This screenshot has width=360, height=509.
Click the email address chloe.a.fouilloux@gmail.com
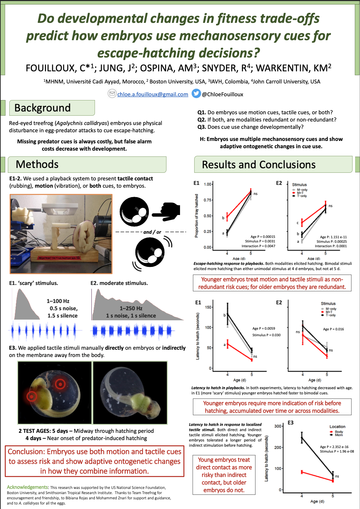(153, 94)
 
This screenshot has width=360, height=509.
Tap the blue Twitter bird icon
(196, 93)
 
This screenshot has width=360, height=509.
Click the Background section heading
(43, 108)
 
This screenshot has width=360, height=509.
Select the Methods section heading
(37, 164)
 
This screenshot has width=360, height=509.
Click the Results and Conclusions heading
(259, 165)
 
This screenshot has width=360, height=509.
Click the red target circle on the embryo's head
(60, 384)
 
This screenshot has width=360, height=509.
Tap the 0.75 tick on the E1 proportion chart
(208, 200)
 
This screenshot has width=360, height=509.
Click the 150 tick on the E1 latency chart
(208, 307)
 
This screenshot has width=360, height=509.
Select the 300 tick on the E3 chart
(278, 426)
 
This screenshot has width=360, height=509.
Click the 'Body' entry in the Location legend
(339, 431)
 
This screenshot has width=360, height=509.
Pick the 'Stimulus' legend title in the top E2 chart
(299, 185)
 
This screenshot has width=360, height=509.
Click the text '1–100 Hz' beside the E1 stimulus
(58, 301)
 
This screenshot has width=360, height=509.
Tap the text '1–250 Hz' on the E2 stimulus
(131, 308)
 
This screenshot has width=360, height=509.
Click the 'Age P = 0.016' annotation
(333, 329)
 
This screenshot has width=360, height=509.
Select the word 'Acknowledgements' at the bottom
(27, 487)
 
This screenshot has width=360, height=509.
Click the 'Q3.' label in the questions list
(201, 127)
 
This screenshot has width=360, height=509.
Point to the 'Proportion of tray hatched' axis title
(197, 215)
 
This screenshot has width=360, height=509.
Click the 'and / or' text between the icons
(152, 232)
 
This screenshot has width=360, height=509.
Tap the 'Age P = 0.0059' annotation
(263, 328)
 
